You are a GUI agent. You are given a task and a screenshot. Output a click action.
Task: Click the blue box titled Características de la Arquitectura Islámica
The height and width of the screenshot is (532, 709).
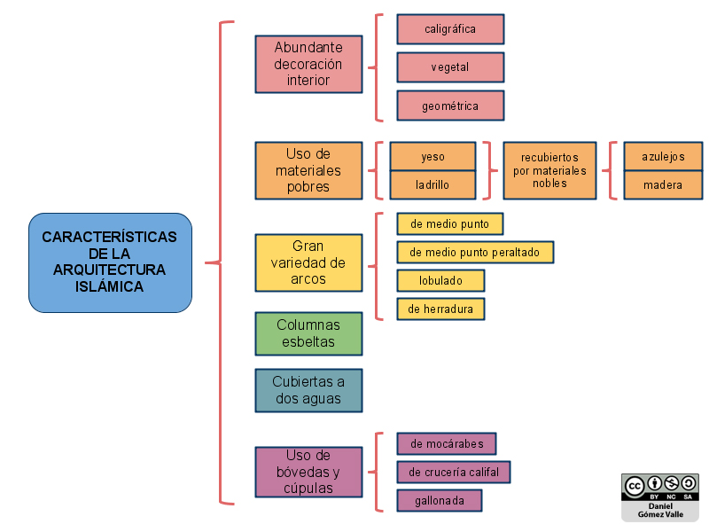tap(110, 262)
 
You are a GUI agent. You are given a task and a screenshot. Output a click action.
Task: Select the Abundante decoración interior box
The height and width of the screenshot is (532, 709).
tap(308, 64)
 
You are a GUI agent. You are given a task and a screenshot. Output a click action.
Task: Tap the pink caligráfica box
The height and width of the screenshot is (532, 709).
tap(450, 29)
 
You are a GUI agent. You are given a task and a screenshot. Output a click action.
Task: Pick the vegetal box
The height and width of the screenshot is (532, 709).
tap(450, 67)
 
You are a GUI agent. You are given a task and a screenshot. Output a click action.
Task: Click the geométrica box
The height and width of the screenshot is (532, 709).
tap(450, 106)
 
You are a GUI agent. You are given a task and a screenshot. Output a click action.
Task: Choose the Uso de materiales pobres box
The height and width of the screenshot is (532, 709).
tap(308, 170)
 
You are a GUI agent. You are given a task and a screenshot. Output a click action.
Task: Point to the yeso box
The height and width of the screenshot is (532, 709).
tap(433, 157)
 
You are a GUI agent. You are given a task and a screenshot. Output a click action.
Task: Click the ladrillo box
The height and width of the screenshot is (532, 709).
tap(433, 184)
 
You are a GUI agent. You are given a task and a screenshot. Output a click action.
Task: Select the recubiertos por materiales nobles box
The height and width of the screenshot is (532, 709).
tap(549, 170)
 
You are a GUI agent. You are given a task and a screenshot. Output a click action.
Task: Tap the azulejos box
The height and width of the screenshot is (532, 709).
tap(663, 157)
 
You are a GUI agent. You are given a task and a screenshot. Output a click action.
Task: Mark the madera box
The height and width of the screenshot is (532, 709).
tap(663, 184)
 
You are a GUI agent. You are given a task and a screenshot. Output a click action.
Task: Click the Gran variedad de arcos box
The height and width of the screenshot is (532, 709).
tap(308, 262)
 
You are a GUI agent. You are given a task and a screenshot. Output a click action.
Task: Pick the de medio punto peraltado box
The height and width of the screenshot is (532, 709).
tap(475, 252)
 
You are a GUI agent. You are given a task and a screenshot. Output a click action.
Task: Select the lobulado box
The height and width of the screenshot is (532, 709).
tap(440, 280)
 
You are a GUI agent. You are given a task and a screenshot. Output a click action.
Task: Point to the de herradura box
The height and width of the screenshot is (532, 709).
tap(440, 309)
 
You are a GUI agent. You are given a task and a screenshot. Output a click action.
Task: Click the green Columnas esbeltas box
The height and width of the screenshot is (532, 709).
tap(308, 333)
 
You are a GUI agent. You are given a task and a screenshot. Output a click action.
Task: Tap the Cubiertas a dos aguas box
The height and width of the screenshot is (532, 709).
tap(308, 390)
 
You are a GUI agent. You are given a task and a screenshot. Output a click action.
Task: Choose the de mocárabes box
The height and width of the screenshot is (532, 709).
tap(447, 443)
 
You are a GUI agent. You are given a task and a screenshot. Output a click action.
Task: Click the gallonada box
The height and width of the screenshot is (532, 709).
tap(439, 500)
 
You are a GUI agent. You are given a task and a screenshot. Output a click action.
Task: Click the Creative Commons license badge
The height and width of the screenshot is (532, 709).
tap(659, 496)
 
